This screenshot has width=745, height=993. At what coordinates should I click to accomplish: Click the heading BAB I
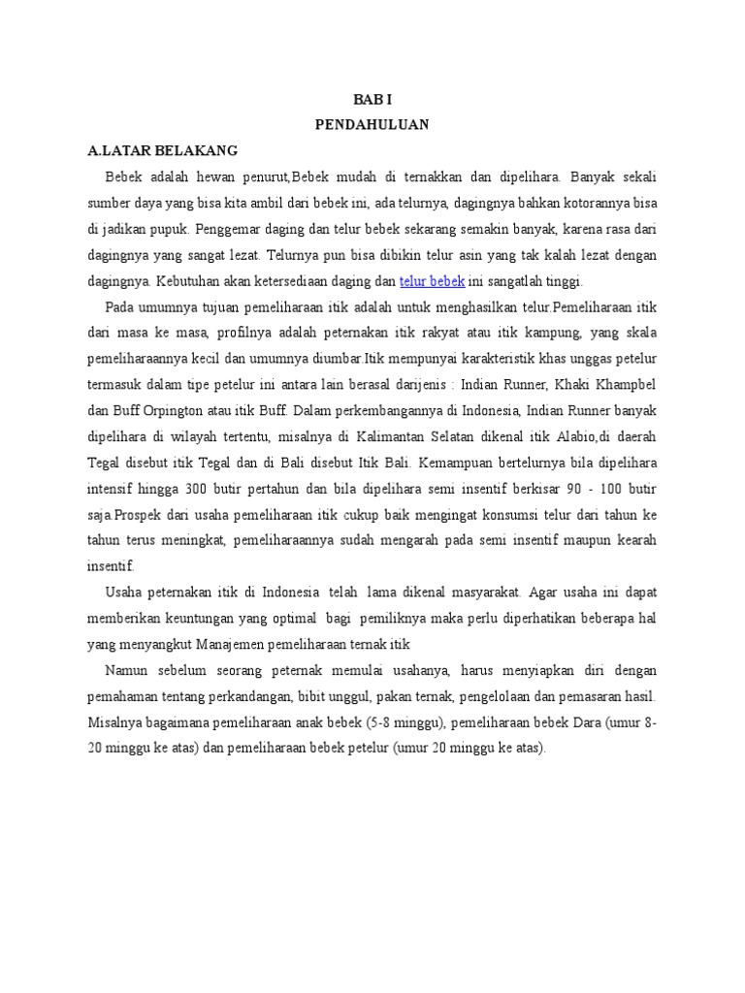click(372, 99)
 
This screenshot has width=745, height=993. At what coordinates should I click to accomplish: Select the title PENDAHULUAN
click(372, 124)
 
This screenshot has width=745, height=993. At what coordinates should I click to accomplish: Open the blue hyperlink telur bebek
click(433, 281)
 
